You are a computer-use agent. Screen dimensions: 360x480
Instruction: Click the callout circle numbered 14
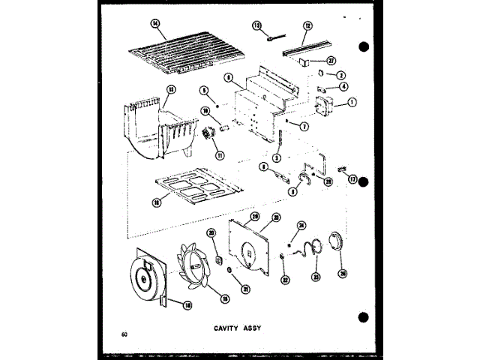[156, 23]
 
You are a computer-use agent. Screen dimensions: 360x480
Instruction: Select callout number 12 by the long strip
[307, 25]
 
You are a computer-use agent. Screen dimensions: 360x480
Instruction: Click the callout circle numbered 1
[352, 102]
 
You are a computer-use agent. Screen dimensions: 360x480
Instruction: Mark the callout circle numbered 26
[343, 274]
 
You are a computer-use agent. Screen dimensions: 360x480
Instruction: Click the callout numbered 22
[284, 280]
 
